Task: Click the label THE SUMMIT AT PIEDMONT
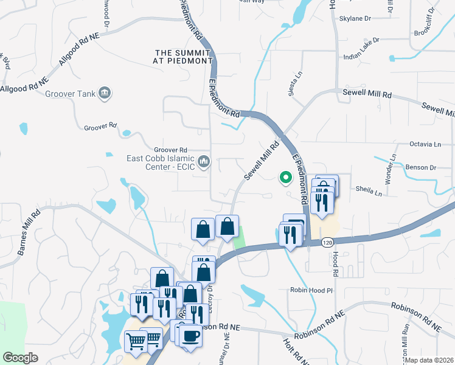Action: pos(184,57)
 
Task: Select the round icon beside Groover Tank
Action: pos(105,92)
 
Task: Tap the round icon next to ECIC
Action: pos(204,162)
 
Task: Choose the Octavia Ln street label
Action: pos(425,144)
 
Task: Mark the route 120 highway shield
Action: pos(328,243)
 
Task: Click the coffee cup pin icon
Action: pos(190,336)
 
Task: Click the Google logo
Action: pos(21,358)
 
